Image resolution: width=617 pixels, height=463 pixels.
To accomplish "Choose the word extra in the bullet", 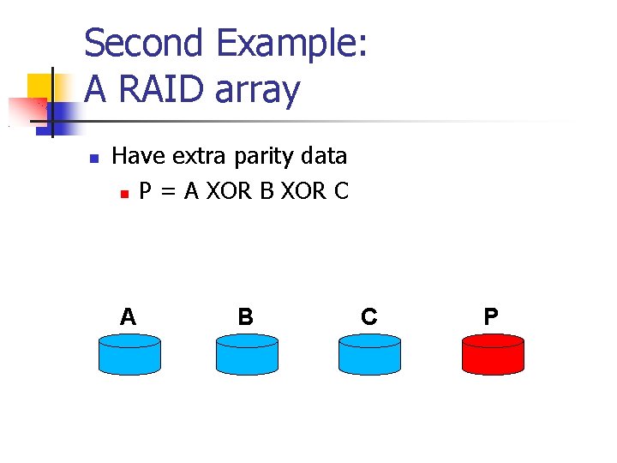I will click(x=201, y=156).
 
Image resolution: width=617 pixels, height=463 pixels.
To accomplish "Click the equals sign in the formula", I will click(x=169, y=191).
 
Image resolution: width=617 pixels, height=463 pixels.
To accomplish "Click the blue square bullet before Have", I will click(x=95, y=159).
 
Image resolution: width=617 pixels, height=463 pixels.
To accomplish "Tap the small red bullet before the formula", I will click(x=125, y=194).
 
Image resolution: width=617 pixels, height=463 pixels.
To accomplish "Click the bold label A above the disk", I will click(x=129, y=317).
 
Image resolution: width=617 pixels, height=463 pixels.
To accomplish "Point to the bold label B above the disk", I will click(x=245, y=317).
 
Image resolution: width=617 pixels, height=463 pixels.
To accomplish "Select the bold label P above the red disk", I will click(x=491, y=317).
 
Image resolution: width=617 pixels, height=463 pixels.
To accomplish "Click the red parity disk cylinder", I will click(x=493, y=354).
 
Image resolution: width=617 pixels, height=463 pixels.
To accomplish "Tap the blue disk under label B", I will click(x=247, y=354).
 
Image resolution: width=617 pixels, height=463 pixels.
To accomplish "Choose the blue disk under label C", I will click(x=369, y=354).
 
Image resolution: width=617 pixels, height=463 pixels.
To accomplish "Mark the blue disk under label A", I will click(x=129, y=354).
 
